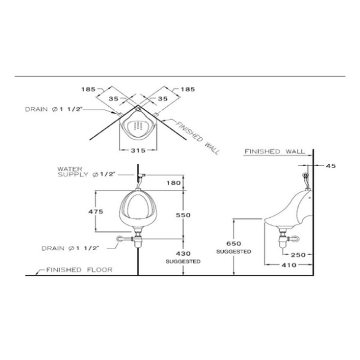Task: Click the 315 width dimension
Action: click(138, 150)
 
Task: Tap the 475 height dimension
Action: click(96, 211)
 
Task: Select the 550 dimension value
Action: click(183, 215)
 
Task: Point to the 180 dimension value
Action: click(174, 183)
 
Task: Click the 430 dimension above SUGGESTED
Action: click(183, 253)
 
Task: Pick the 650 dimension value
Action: click(234, 243)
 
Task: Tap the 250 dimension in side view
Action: click(298, 255)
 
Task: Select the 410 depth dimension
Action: click(289, 265)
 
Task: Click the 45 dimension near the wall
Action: click(331, 166)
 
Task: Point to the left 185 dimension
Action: click(88, 89)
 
